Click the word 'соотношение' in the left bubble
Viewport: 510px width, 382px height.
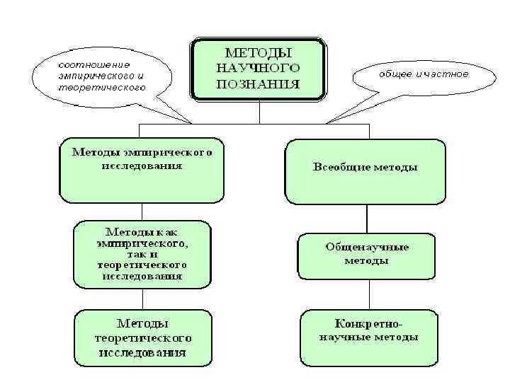[89, 64]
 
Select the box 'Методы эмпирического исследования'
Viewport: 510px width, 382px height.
[142, 168]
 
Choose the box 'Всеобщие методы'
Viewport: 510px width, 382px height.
[365, 170]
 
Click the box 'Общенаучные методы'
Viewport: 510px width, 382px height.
[367, 255]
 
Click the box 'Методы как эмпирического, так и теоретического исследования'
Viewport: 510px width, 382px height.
[143, 254]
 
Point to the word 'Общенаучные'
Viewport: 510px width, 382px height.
[367, 248]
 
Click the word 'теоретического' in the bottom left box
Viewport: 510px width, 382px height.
[143, 337]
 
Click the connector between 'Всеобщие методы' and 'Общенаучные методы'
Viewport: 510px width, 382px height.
[367, 219]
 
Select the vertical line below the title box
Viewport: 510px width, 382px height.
[259, 112]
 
